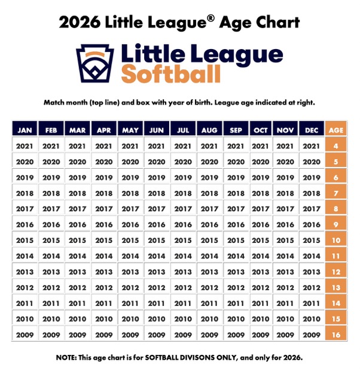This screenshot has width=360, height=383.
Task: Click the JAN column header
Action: point(25,130)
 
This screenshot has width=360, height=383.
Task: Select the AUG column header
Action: point(209,130)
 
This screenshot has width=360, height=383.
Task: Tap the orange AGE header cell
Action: point(336,130)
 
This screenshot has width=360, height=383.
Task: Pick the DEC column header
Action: point(312,130)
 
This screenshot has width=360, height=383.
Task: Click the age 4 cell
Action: point(336,145)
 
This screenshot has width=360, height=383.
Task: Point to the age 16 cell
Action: point(336,335)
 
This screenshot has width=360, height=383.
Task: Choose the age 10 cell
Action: point(336,240)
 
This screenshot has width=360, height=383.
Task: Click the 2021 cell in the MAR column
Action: point(77,145)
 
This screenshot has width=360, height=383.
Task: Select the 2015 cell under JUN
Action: point(156,240)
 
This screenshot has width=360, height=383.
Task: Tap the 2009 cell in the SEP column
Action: point(236,335)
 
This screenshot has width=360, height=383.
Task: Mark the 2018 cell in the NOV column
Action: point(286,193)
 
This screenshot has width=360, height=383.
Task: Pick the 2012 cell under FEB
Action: point(51,287)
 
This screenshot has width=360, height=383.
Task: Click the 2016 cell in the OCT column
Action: point(261,224)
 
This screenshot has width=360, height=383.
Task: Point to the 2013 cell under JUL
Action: point(182,272)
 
